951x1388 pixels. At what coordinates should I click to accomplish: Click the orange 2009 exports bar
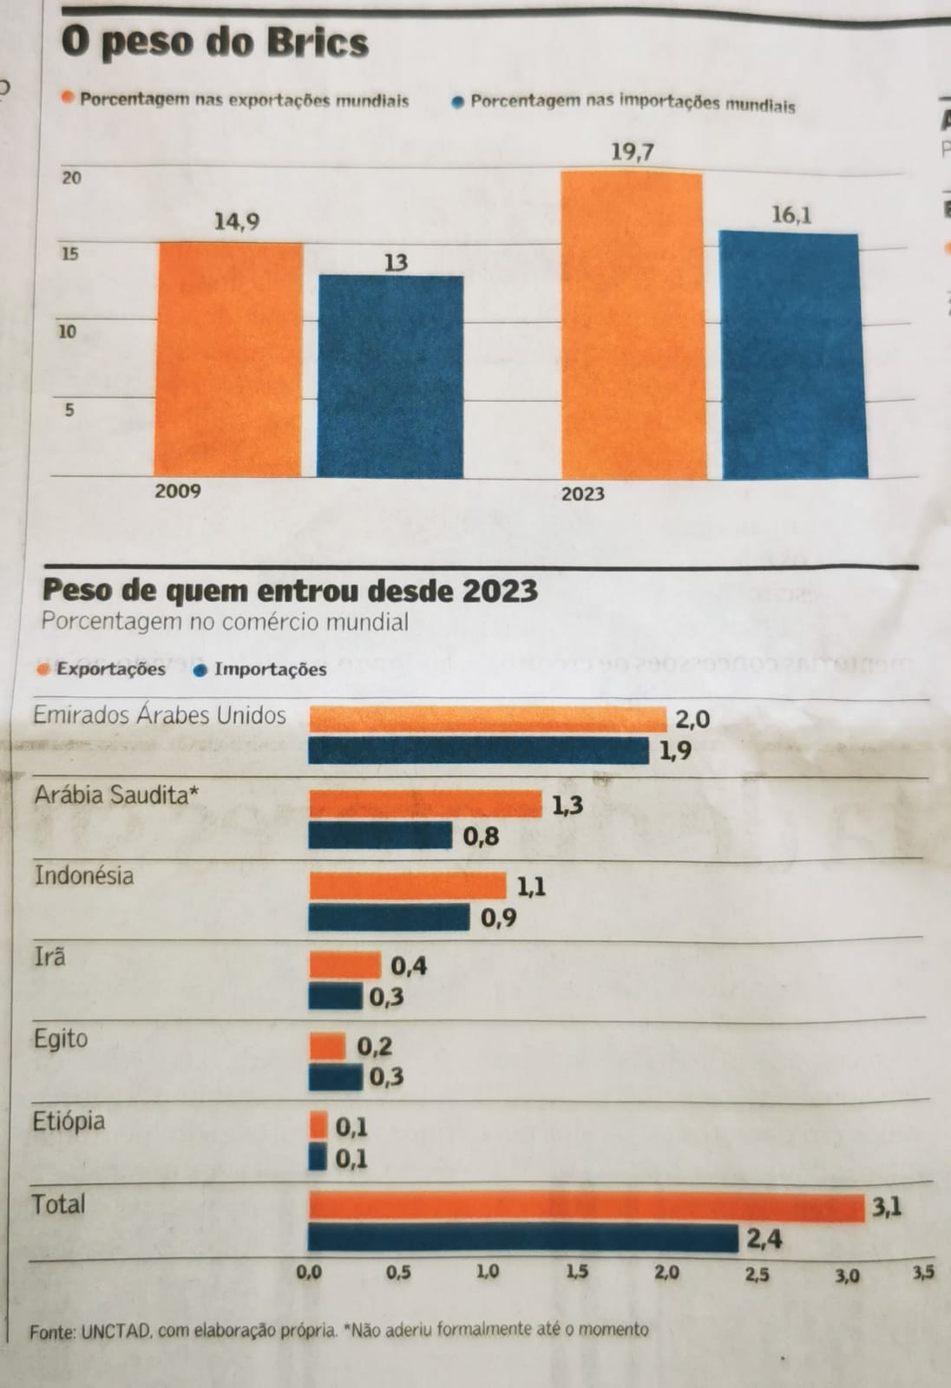tap(229, 359)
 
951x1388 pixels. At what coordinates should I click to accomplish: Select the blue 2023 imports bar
tap(792, 356)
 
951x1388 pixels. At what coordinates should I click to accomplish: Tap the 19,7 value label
tap(633, 153)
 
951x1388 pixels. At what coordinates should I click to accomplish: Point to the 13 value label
tap(396, 262)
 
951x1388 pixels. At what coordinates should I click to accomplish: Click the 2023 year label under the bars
tap(583, 494)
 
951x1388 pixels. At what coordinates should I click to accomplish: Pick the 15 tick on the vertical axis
tap(69, 254)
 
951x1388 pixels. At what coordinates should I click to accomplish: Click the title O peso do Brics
tap(215, 43)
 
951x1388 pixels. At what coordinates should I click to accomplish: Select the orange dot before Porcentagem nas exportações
tap(68, 98)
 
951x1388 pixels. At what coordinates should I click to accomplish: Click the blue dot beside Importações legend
tap(200, 669)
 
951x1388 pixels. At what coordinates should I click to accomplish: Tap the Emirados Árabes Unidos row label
tap(160, 716)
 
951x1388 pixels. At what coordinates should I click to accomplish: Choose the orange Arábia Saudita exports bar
tap(425, 804)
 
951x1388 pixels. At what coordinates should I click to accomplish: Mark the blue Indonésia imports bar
tap(389, 918)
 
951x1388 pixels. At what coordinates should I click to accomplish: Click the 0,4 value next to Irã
tap(409, 966)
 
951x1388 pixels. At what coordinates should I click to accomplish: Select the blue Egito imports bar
tap(336, 1077)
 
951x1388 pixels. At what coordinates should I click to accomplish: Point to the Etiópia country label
tap(69, 1121)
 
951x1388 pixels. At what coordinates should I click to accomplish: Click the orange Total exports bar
tap(587, 1208)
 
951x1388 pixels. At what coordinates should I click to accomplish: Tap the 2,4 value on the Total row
tap(764, 1239)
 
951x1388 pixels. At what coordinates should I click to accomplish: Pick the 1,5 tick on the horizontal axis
tap(577, 1273)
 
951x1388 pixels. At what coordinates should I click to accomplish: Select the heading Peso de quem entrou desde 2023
tap(290, 591)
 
